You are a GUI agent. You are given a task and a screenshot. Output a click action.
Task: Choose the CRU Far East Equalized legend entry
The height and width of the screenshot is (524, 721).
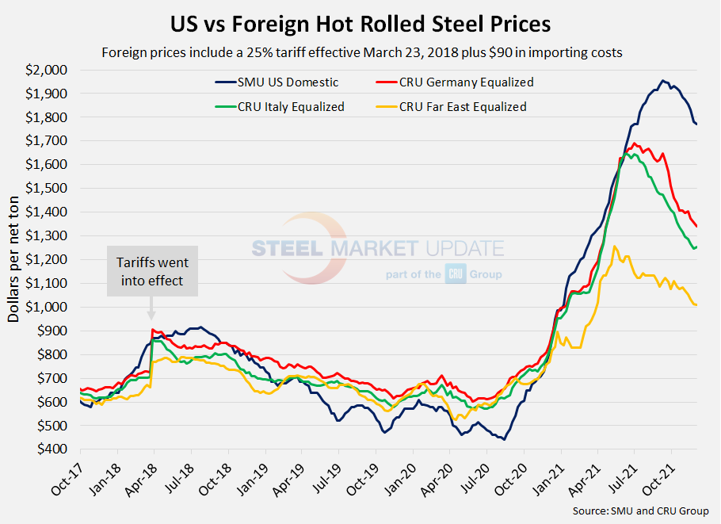click(x=463, y=106)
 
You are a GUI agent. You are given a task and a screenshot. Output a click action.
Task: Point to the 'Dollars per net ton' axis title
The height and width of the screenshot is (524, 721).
click(x=14, y=260)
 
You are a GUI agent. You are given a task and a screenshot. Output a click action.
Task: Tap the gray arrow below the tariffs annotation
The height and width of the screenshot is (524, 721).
click(x=151, y=314)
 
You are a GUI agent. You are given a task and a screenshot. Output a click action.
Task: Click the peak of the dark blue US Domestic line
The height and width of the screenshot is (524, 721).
click(x=663, y=81)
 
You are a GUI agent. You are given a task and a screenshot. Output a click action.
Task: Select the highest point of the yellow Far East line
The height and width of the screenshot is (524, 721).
click(x=614, y=247)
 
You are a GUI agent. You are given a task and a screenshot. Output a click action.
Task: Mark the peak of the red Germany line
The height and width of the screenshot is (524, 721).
click(x=634, y=143)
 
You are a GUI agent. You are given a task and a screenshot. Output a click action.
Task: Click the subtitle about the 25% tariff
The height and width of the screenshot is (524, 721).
click(x=360, y=53)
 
